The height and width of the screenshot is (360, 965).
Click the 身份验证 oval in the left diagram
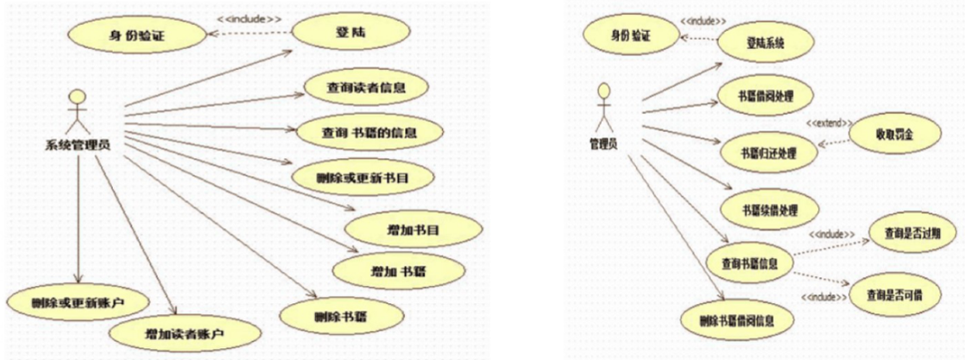tap(137, 36)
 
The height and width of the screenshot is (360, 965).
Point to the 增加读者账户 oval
tap(183, 332)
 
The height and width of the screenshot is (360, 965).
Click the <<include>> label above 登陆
tap(251, 17)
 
